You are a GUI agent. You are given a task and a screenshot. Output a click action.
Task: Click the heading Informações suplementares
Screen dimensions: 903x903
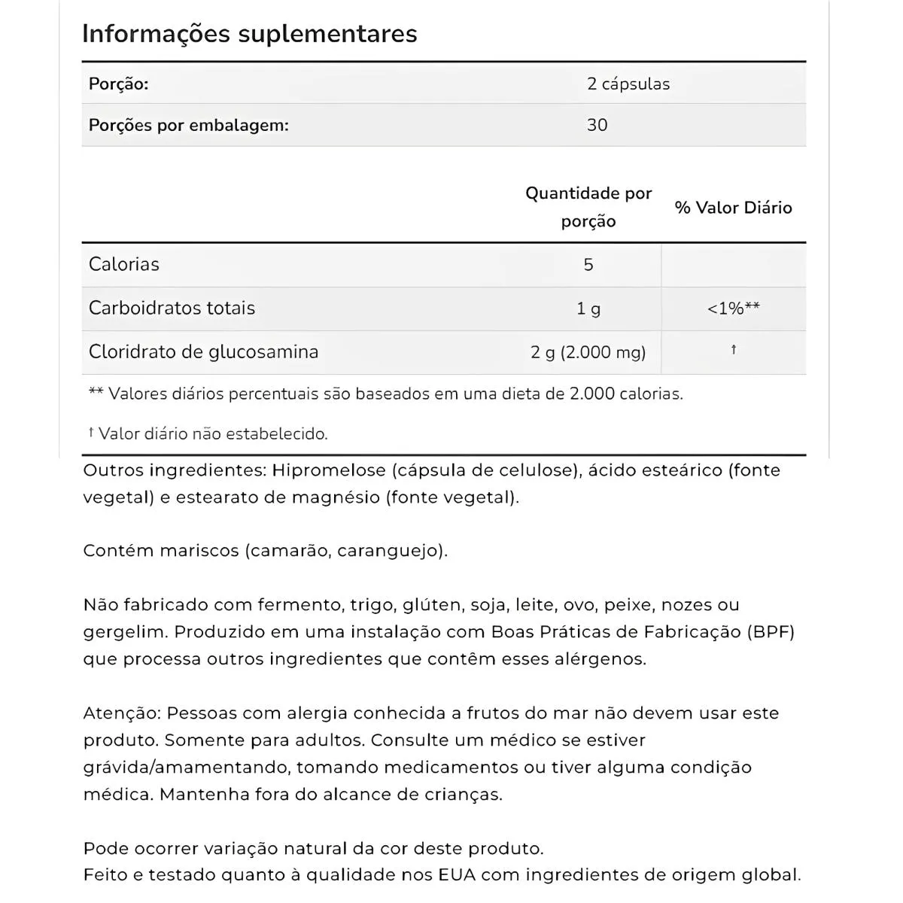(x=249, y=34)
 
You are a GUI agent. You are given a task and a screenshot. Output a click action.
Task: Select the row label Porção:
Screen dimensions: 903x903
(x=118, y=84)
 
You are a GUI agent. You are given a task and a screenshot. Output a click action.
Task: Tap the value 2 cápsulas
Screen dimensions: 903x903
(x=628, y=84)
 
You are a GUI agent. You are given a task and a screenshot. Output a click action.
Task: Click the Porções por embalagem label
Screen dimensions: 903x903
(x=188, y=125)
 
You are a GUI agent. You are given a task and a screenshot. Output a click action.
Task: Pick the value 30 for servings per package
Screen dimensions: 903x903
(x=597, y=125)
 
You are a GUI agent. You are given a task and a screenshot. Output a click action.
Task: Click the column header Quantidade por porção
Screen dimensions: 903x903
(x=588, y=207)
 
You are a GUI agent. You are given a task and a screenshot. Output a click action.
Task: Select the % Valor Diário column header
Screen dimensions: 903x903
(x=733, y=208)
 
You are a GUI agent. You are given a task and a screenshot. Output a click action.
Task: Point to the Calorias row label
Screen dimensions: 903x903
(x=124, y=264)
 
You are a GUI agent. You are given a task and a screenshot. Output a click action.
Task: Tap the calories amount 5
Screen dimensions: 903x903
(x=588, y=265)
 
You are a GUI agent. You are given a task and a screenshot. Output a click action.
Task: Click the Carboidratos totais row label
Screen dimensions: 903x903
(x=172, y=308)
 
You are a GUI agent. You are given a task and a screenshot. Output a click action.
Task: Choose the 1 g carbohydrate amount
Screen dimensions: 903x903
(x=588, y=309)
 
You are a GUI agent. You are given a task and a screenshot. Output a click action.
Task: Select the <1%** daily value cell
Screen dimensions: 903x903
(x=733, y=309)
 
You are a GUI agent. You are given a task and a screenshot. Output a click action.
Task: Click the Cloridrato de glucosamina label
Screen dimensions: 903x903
(x=203, y=351)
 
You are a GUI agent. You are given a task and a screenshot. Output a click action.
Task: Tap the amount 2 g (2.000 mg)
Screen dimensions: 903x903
(x=588, y=352)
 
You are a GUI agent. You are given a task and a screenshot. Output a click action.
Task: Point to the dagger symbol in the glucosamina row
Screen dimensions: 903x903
(x=733, y=350)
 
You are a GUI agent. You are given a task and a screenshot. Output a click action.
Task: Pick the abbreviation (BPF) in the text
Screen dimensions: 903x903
(x=771, y=632)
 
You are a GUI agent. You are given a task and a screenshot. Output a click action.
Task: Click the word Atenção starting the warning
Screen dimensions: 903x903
(x=122, y=713)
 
